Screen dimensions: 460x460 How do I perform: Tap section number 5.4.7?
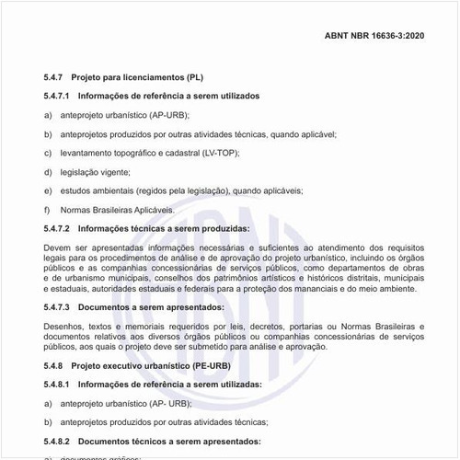click(55, 78)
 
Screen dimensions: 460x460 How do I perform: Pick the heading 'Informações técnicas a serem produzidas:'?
click(164, 227)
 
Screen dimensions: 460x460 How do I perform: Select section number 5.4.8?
click(55, 365)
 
